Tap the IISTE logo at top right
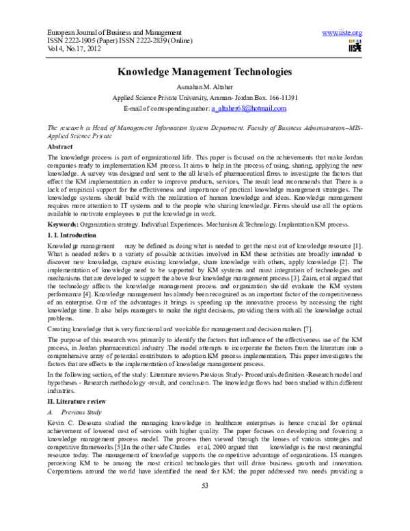pyautogui.click(x=354, y=46)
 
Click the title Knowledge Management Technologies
pyautogui.click(x=204, y=71)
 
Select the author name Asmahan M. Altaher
pyautogui.click(x=204, y=87)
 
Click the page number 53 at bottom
pyautogui.click(x=204, y=504)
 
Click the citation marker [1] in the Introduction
pyautogui.click(x=357, y=245)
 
